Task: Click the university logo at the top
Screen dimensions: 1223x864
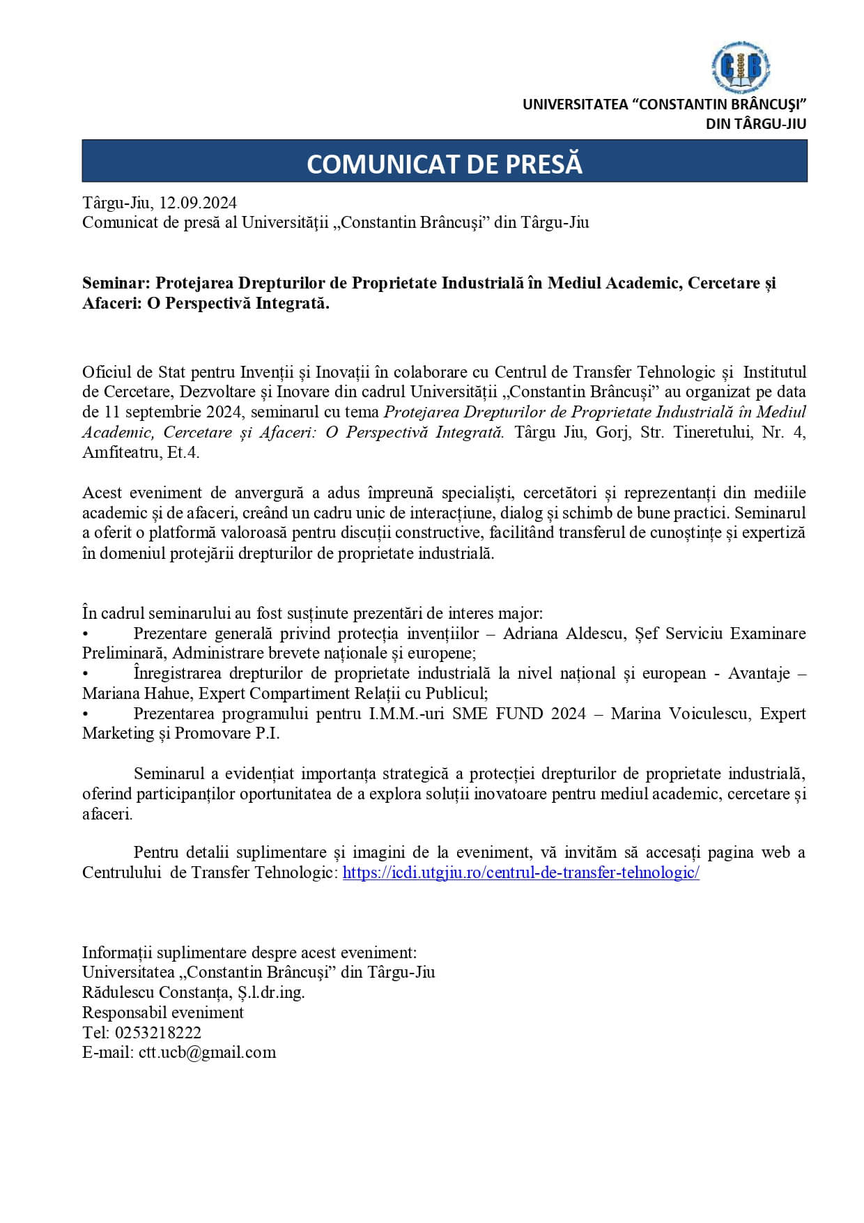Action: point(741,67)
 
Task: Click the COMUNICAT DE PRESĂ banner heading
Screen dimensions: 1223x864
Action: point(445,164)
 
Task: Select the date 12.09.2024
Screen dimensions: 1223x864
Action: point(199,203)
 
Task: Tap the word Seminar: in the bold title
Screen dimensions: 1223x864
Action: point(116,283)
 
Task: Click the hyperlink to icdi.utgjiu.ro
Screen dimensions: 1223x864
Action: point(520,872)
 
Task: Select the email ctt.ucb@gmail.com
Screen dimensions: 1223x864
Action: point(207,1053)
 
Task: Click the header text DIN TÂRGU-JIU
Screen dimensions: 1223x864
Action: point(756,124)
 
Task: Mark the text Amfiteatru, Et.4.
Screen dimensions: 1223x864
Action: point(141,452)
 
